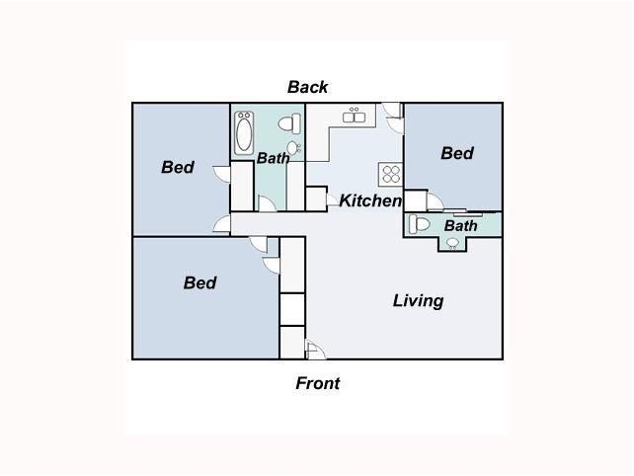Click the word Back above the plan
click(x=307, y=87)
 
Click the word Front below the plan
click(x=317, y=383)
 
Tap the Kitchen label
click(x=370, y=200)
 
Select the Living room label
click(x=418, y=301)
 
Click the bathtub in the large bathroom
click(x=244, y=133)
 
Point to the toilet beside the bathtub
click(x=289, y=123)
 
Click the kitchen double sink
click(x=354, y=116)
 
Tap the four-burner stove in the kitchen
click(x=391, y=175)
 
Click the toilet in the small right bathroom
click(x=420, y=224)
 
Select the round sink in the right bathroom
click(x=452, y=243)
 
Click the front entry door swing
click(x=316, y=351)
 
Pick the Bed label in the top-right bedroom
click(x=457, y=154)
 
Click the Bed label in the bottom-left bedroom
click(x=199, y=283)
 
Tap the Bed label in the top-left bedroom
click(x=178, y=168)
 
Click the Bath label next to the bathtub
click(x=273, y=158)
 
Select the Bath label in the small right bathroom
click(x=460, y=226)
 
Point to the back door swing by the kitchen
click(x=393, y=118)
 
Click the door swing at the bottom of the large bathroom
click(x=267, y=204)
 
